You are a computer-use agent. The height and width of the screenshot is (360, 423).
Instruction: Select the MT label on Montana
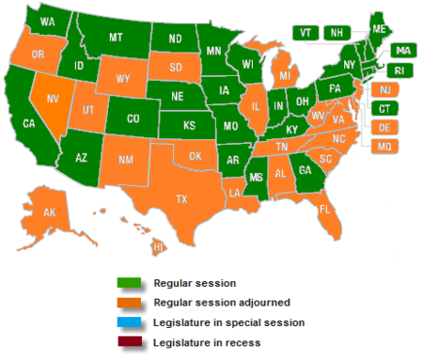point(116,38)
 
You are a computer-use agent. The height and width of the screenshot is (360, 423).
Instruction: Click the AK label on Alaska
point(50,213)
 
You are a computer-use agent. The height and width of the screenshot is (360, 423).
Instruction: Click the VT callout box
point(305,31)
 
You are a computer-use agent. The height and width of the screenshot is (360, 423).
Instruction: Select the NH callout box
point(334,31)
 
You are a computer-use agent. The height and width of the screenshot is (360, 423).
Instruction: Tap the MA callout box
point(402,49)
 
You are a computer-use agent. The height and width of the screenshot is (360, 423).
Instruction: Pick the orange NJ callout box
point(383,89)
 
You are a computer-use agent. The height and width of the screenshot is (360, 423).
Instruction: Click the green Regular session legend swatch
point(128,282)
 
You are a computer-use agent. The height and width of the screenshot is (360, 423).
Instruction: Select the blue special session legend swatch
point(128,322)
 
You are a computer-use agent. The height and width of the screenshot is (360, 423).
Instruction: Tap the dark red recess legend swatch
point(128,342)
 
